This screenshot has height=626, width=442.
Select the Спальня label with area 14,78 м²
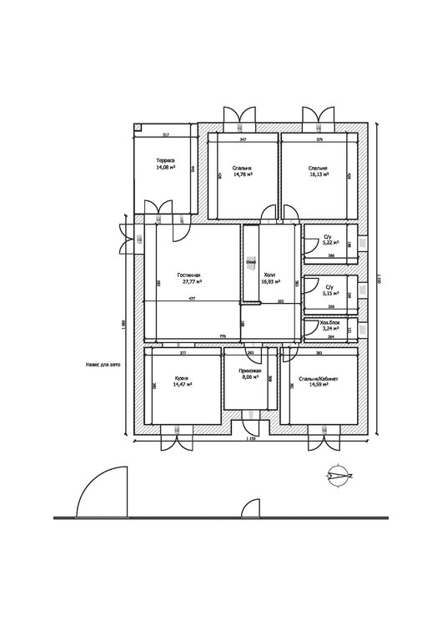pyautogui.click(x=243, y=172)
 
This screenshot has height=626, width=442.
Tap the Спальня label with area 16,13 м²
pyautogui.click(x=318, y=172)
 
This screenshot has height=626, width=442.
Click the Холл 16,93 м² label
pyautogui.click(x=271, y=279)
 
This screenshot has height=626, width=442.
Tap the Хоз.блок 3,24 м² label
pyautogui.click(x=330, y=326)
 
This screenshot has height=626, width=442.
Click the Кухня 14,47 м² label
pyautogui.click(x=183, y=383)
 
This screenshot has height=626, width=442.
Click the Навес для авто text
pyautogui.click(x=103, y=365)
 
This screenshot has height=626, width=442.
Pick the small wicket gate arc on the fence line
pyautogui.click(x=249, y=508)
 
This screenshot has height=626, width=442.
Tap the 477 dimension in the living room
pyautogui.click(x=192, y=299)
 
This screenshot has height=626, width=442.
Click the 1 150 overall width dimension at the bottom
pyautogui.click(x=250, y=438)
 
